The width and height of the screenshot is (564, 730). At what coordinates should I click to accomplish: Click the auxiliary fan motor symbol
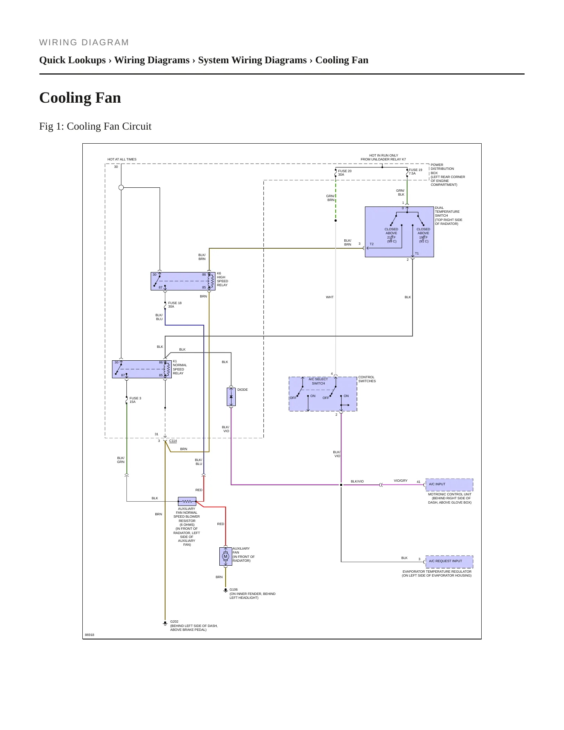point(226,556)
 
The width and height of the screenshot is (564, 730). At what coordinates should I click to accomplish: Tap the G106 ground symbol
point(226,590)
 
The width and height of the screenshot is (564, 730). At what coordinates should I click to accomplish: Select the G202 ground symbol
point(165,623)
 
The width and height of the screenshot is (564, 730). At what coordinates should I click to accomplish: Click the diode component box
point(231,397)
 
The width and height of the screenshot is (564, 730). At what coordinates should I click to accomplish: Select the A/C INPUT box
point(449,484)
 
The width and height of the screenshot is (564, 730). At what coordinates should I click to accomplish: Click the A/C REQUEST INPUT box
point(449,561)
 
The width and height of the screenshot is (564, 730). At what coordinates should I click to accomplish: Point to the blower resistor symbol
point(187,501)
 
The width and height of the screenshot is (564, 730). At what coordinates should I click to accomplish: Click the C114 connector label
point(173,441)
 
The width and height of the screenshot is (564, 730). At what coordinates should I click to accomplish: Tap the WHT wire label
point(330,297)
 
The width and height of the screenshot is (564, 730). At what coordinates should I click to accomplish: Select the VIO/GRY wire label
point(400,481)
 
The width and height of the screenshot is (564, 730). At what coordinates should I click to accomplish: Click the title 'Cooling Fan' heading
point(80,98)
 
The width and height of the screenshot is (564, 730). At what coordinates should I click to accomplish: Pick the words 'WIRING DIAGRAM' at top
point(84,43)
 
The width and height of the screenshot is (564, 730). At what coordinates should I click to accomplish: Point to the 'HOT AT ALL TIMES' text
point(122,159)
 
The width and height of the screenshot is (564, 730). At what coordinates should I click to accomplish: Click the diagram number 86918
point(89,635)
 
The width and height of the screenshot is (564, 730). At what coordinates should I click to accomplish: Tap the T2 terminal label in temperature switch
point(372,244)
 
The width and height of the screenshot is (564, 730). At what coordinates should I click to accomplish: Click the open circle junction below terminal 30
point(121,187)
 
